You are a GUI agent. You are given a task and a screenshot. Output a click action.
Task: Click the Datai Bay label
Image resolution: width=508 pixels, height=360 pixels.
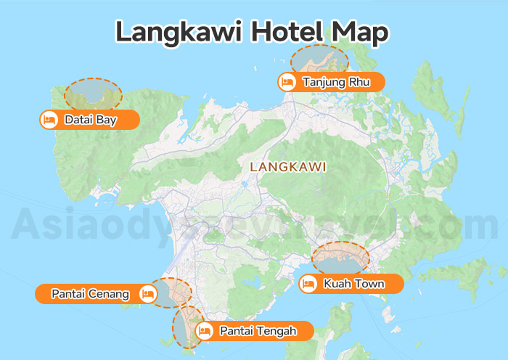pyautogui.click(x=90, y=120)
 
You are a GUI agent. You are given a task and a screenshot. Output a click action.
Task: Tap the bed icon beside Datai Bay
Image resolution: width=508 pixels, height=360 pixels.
pyautogui.click(x=49, y=120)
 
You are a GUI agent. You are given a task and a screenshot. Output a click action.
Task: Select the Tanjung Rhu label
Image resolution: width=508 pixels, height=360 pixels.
pyautogui.click(x=336, y=82)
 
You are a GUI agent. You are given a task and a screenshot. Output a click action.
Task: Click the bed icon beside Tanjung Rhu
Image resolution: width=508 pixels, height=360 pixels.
pyautogui.click(x=287, y=82)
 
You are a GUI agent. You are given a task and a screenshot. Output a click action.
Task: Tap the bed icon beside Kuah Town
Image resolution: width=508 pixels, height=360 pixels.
pyautogui.click(x=308, y=284)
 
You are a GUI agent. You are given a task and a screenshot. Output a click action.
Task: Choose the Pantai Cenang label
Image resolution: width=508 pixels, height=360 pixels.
pyautogui.click(x=90, y=294)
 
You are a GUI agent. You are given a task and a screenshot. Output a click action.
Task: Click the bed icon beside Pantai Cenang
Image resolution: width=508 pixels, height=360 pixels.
pyautogui.click(x=148, y=294)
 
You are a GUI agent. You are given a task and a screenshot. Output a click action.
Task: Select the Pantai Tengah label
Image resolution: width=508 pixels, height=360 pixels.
pyautogui.click(x=258, y=331)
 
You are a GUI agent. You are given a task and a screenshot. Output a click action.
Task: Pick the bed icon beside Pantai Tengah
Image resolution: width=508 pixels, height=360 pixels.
pyautogui.click(x=205, y=331)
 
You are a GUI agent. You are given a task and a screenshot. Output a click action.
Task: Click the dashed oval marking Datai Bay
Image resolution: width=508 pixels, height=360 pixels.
pyautogui.click(x=93, y=94)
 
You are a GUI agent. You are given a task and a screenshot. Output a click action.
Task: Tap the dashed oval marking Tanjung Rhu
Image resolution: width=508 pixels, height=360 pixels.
pyautogui.click(x=319, y=60)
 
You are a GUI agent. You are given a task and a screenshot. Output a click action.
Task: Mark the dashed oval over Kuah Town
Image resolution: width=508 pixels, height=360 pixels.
pyautogui.click(x=340, y=258)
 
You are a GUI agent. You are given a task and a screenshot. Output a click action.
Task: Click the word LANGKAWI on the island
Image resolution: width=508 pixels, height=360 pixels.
pyautogui.click(x=287, y=167)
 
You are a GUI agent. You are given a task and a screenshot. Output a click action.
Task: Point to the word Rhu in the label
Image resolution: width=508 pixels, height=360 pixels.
pyautogui.click(x=359, y=82)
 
